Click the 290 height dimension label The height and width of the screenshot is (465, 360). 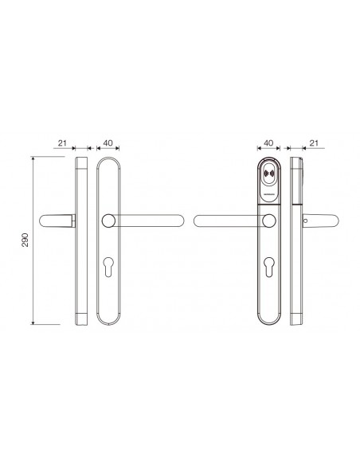coord(25,240)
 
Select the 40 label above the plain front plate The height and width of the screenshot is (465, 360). coord(108,143)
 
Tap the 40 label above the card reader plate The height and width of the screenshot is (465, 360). coord(268,143)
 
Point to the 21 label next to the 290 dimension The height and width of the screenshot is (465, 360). coord(62,143)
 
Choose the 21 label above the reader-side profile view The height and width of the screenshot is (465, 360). coord(314,143)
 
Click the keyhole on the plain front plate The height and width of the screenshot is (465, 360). coord(108,268)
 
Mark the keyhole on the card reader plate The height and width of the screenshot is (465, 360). coord(268,268)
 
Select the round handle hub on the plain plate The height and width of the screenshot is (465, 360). coord(108,221)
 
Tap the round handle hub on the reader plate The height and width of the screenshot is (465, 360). coord(269,221)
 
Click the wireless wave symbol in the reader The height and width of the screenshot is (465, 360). coord(269,173)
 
